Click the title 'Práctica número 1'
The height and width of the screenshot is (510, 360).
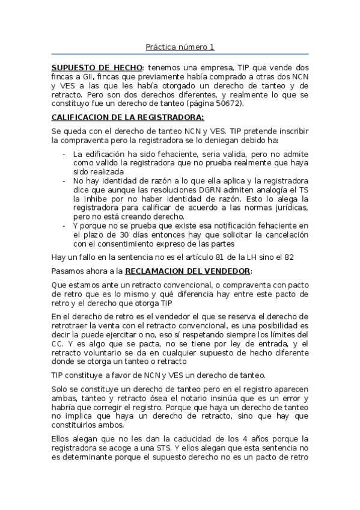point(180,47)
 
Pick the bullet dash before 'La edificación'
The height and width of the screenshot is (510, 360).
point(64,154)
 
